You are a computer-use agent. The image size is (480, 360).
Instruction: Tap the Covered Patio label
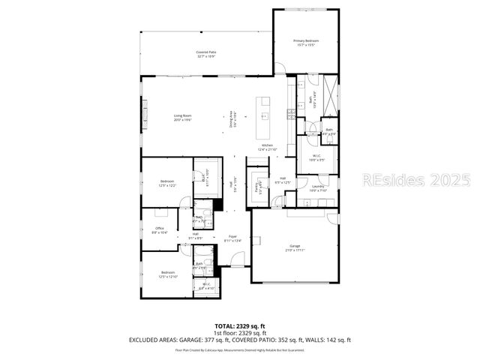pos(205,54)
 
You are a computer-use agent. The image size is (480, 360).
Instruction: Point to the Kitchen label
pos(267,147)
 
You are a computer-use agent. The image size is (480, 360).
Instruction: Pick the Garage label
pos(295,247)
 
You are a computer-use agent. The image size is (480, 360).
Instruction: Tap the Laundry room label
pos(317,187)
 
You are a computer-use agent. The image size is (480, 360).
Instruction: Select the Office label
pos(160,230)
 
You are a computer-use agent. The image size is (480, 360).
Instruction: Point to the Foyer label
pos(233,238)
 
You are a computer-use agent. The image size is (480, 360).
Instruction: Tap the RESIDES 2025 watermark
pos(416,180)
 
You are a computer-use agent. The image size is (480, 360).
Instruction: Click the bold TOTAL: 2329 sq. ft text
pos(240,325)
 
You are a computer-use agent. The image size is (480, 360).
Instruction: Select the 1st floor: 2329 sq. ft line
pos(240,333)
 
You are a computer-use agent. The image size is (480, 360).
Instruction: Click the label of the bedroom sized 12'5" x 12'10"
pos(166,274)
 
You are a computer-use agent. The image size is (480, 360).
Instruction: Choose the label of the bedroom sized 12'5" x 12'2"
pos(167,183)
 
